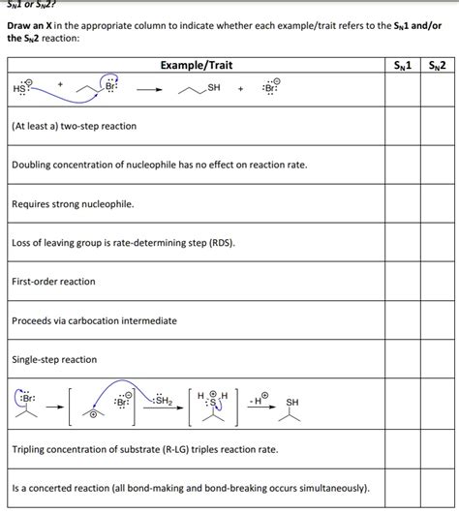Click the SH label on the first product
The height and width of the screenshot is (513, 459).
coord(214,88)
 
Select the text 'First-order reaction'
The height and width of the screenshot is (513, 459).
coord(53,282)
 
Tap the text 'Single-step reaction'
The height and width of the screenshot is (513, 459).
coord(54,359)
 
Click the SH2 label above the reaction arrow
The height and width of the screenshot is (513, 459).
coord(162,400)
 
